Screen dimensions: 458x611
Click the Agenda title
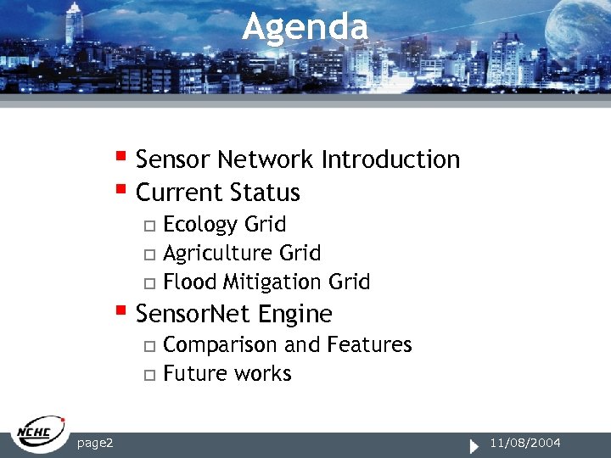(305, 27)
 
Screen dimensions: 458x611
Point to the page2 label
(96, 443)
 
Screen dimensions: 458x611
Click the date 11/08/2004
(525, 443)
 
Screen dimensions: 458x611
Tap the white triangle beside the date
(474, 444)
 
